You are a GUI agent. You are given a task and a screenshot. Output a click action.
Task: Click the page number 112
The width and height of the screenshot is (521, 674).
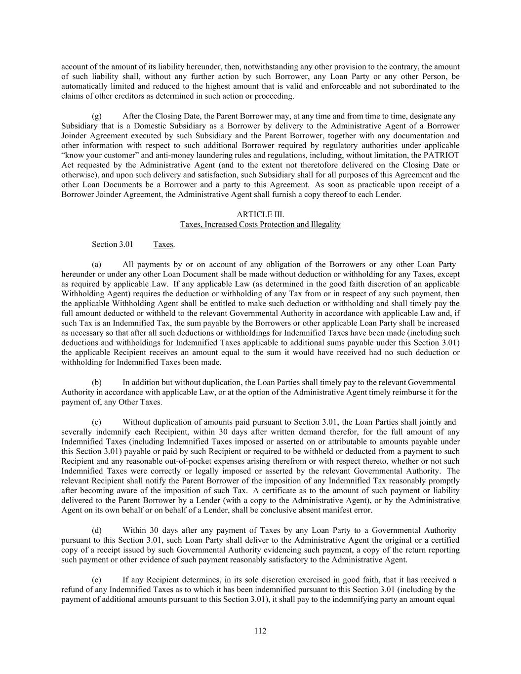260,631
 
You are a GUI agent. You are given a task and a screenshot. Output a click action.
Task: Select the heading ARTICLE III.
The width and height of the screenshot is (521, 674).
260,214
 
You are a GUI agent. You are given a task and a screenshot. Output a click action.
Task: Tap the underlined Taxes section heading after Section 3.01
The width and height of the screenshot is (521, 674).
163,244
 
